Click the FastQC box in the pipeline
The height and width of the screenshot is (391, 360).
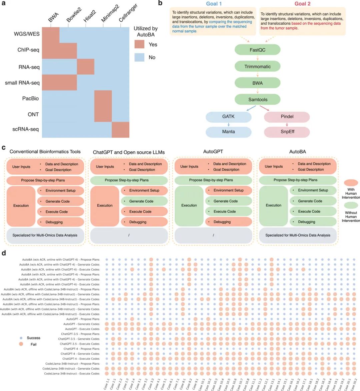(x=257, y=50)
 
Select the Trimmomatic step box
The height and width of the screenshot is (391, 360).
(x=257, y=67)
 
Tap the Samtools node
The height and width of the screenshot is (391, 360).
(x=257, y=99)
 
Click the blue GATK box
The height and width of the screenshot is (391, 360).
(x=228, y=117)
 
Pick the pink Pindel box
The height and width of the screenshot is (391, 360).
(x=287, y=117)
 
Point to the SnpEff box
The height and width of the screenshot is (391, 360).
(x=287, y=132)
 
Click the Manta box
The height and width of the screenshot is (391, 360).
(x=228, y=132)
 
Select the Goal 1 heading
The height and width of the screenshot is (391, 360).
(x=214, y=4)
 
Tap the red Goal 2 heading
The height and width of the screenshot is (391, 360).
(x=303, y=4)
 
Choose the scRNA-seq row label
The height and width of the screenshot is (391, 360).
(x=26, y=129)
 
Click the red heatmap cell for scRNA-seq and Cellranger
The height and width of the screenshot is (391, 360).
(x=120, y=130)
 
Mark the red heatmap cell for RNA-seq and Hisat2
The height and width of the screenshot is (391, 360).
(x=86, y=67)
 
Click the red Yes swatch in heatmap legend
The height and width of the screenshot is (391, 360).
(x=139, y=45)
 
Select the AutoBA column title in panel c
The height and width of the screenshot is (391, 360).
(x=297, y=152)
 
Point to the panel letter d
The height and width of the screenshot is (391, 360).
(x=4, y=253)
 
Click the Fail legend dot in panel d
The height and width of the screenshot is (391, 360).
(x=21, y=344)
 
